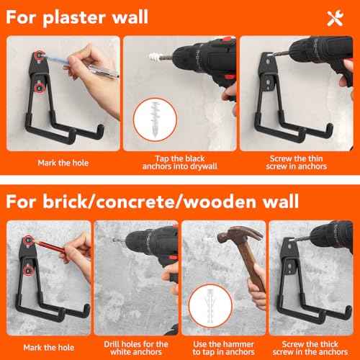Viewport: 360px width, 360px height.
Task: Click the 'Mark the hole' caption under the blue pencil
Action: coord(59,162)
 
